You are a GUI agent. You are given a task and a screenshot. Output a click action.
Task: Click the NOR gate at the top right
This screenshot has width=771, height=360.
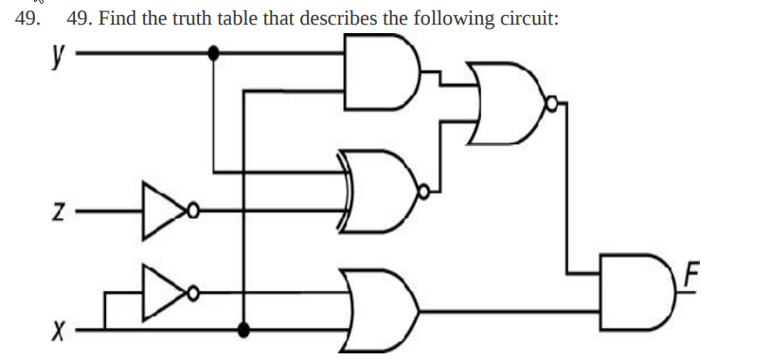508,97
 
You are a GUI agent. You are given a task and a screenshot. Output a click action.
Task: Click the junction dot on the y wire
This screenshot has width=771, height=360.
214,54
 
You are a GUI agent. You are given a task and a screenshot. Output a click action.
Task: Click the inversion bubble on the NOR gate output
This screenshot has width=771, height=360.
548,97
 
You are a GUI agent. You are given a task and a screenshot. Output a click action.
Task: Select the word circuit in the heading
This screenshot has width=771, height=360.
527,18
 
